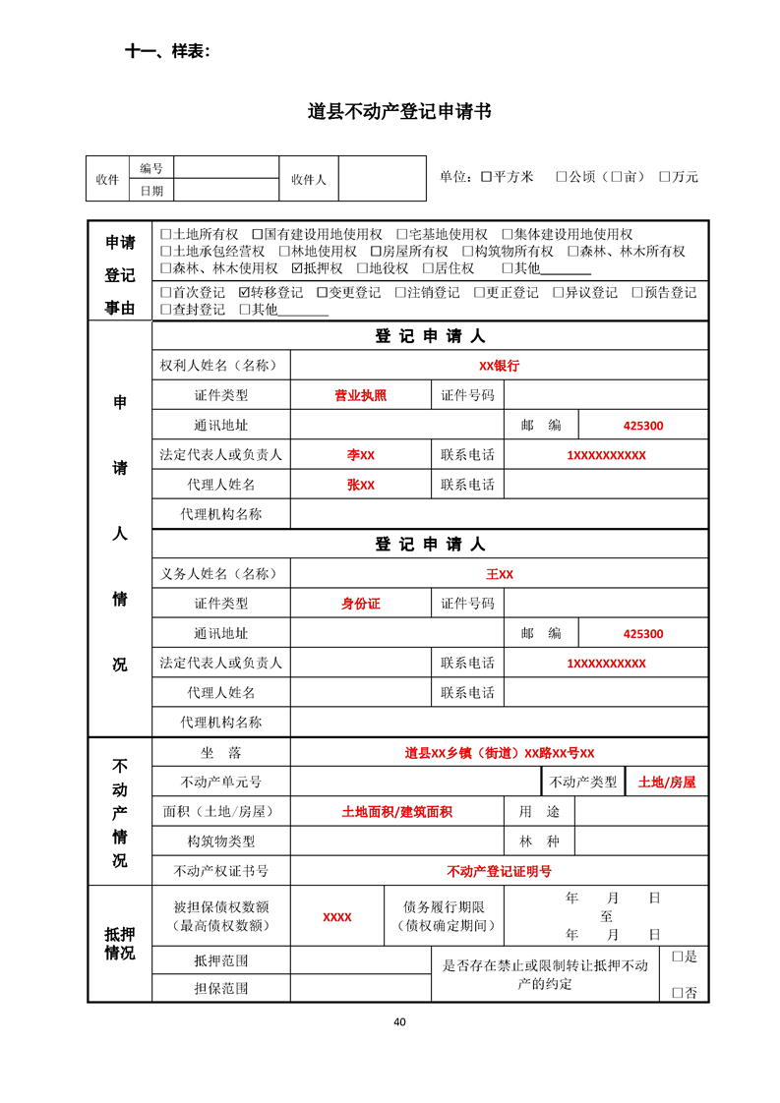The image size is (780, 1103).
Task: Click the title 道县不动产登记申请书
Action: tap(399, 112)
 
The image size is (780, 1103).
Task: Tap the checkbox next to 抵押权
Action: tap(298, 268)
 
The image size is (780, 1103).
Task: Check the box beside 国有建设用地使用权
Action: tap(258, 235)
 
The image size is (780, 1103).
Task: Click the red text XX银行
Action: tap(499, 366)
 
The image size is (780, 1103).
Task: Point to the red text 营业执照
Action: tap(360, 396)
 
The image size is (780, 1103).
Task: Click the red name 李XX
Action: tap(360, 455)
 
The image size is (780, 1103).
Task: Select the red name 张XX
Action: tap(360, 485)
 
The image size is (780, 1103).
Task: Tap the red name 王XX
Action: tap(499, 574)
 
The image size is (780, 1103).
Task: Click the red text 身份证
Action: tap(360, 604)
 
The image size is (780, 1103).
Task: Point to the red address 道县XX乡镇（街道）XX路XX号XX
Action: tap(499, 753)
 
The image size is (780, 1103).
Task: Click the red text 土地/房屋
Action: tap(666, 783)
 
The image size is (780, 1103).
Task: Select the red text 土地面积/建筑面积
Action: tap(396, 812)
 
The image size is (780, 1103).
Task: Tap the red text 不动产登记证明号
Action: tap(499, 871)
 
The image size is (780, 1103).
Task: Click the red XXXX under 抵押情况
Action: tap(336, 917)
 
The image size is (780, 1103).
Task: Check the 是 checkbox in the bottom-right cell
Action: tap(678, 956)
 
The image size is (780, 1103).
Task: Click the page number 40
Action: tap(399, 1021)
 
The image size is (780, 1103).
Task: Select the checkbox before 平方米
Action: tap(486, 177)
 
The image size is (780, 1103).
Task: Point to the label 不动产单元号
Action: tap(221, 783)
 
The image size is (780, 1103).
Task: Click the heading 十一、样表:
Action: tap(167, 51)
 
